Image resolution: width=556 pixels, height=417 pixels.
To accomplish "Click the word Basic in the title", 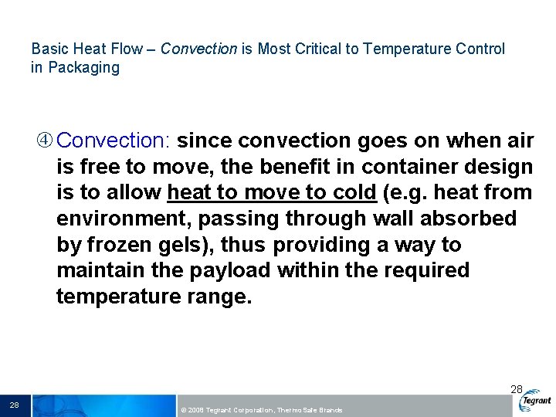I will pos(48,49).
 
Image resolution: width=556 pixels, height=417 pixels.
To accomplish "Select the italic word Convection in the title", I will pos(198,49).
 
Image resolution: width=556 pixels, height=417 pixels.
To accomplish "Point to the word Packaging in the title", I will pos(83,67).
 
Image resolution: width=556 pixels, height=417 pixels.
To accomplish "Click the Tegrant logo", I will pos(536,401).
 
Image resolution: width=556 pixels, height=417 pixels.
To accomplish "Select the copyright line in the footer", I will pos(260,410).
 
